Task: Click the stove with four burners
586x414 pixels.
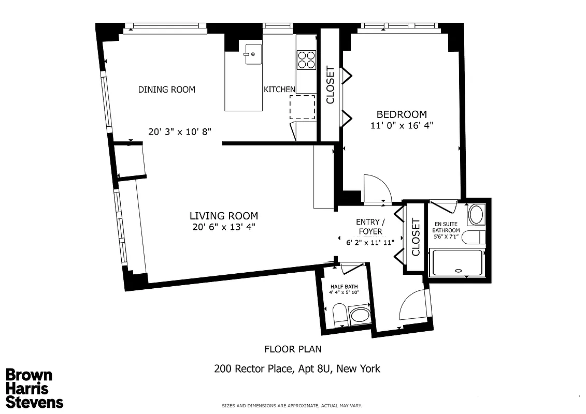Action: click(x=306, y=60)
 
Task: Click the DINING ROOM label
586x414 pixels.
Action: click(x=167, y=90)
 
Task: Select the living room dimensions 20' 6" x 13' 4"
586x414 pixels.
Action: click(x=223, y=226)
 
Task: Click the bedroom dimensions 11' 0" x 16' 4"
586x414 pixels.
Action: click(x=402, y=125)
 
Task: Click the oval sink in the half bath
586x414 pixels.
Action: click(x=360, y=315)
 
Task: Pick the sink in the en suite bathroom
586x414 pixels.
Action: click(x=476, y=214)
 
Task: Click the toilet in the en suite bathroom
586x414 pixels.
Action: click(x=473, y=238)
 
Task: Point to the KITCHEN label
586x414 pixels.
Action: click(x=280, y=90)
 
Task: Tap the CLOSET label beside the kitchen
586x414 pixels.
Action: click(x=331, y=85)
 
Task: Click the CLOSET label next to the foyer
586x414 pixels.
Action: click(x=416, y=238)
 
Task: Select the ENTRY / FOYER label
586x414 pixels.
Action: click(x=370, y=227)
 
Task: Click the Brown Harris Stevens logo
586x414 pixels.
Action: click(x=35, y=389)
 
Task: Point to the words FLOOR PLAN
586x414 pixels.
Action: click(x=296, y=349)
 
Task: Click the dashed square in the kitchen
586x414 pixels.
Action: click(x=302, y=108)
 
